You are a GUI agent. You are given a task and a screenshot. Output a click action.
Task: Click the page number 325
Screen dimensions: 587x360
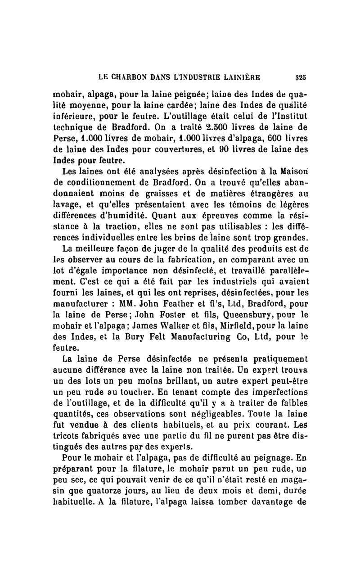pyautogui.click(x=301, y=77)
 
